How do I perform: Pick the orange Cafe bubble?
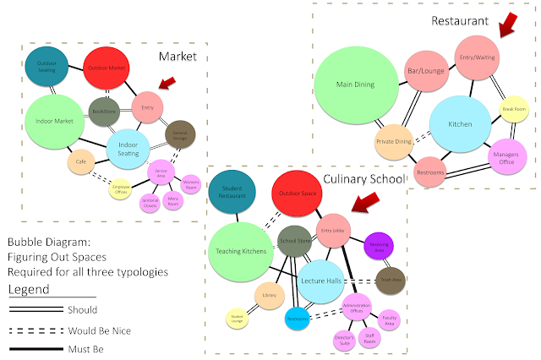point(81,161)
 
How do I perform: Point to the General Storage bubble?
point(180,133)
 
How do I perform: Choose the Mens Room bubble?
point(173,201)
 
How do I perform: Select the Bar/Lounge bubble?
point(420,70)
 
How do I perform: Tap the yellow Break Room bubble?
point(514,110)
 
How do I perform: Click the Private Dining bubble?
point(393,142)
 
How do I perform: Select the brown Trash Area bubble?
point(390,280)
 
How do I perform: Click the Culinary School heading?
point(363,179)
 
